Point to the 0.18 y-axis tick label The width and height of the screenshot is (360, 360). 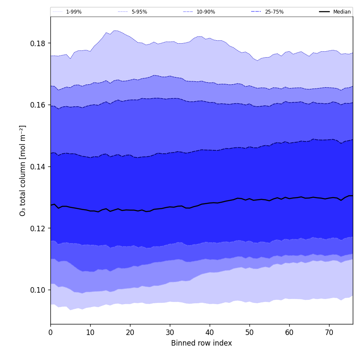pos(38,43)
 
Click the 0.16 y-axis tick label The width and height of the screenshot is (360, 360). pos(38,105)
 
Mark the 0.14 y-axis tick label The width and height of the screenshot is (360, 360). pos(38,167)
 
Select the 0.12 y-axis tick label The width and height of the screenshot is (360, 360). pos(38,228)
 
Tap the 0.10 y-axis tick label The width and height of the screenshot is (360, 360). pos(38,290)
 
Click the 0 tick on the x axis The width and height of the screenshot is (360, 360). pos(50,333)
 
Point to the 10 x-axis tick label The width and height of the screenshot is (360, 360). pos(90,333)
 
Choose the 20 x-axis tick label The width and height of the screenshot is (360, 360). pos(130,333)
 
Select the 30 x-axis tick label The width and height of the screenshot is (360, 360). pos(170,333)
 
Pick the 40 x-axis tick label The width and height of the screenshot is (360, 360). pos(210,333)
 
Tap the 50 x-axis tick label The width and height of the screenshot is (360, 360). pos(249,333)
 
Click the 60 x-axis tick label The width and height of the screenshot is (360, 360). pos(289,333)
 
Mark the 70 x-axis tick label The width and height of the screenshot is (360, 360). pos(329,333)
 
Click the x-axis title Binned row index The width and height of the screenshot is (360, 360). pos(202,343)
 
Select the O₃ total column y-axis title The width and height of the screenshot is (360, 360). pos(23,170)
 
